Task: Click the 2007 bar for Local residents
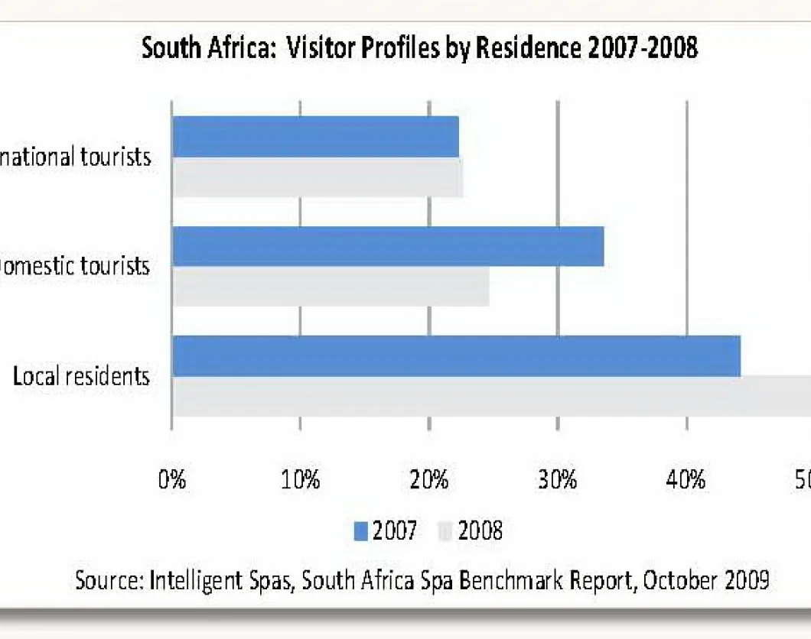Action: (456, 355)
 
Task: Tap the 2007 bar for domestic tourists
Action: (388, 246)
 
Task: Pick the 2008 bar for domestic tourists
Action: (331, 287)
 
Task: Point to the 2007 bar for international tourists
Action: (315, 137)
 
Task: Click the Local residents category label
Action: (81, 376)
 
